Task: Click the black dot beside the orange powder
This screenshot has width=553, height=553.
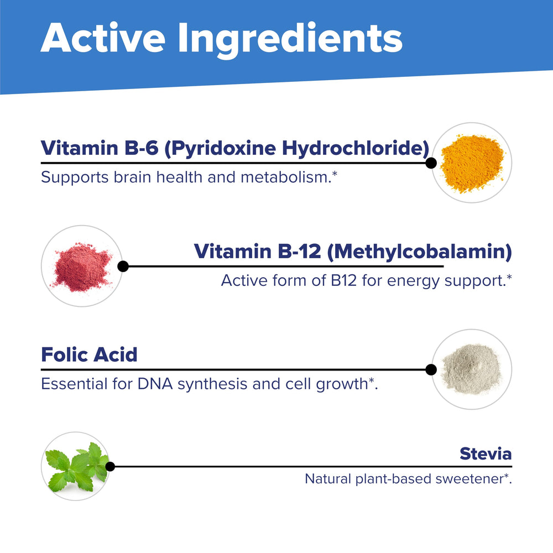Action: (x=431, y=163)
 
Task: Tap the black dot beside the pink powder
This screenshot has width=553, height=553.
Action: (x=123, y=267)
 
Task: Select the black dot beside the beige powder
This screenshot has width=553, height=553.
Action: (x=431, y=369)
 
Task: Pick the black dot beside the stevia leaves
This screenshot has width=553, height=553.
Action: (x=110, y=467)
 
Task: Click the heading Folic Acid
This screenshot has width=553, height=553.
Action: (x=89, y=354)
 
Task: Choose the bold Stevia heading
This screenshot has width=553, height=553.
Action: (x=486, y=454)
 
